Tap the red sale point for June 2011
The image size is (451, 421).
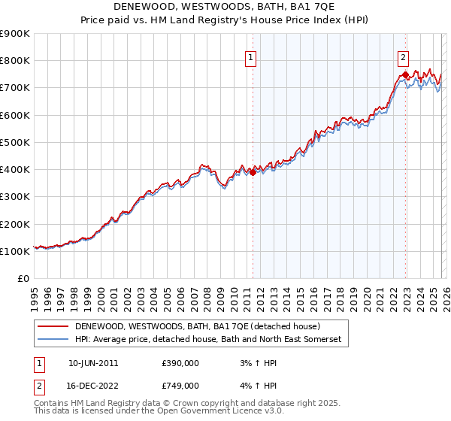tap(253, 172)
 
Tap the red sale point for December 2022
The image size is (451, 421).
tap(405, 74)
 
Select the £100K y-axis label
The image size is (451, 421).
tap(15, 252)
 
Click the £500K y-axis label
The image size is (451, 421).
tap(15, 143)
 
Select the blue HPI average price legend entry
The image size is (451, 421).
tap(207, 340)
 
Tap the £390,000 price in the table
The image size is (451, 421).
tap(180, 363)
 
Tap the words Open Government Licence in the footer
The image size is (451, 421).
tap(217, 413)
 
